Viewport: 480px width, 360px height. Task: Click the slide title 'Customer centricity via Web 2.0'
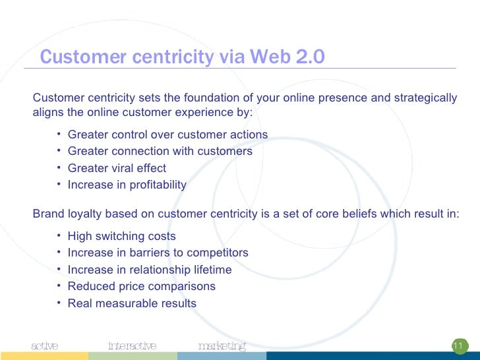pos(182,57)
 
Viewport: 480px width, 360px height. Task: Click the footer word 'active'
pos(45,345)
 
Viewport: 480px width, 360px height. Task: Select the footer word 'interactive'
pos(132,345)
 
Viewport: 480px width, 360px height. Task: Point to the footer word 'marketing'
pos(222,345)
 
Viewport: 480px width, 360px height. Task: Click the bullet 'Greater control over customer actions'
pos(167,135)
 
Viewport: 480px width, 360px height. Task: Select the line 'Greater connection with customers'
pos(160,151)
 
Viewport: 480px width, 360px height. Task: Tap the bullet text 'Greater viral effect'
pos(117,168)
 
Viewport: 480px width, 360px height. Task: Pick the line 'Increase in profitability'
pos(127,185)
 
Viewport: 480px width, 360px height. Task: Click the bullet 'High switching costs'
pos(121,236)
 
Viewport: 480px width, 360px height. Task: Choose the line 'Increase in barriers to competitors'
pos(158,253)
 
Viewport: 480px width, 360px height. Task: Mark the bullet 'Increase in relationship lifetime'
pos(150,270)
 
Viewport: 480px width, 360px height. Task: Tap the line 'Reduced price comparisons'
pos(141,286)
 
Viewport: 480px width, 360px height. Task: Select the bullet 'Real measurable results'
pos(132,303)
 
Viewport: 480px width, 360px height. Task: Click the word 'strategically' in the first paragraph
pos(425,98)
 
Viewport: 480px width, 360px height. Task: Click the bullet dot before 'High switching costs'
pos(59,235)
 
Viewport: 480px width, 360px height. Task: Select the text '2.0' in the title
pos(310,57)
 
